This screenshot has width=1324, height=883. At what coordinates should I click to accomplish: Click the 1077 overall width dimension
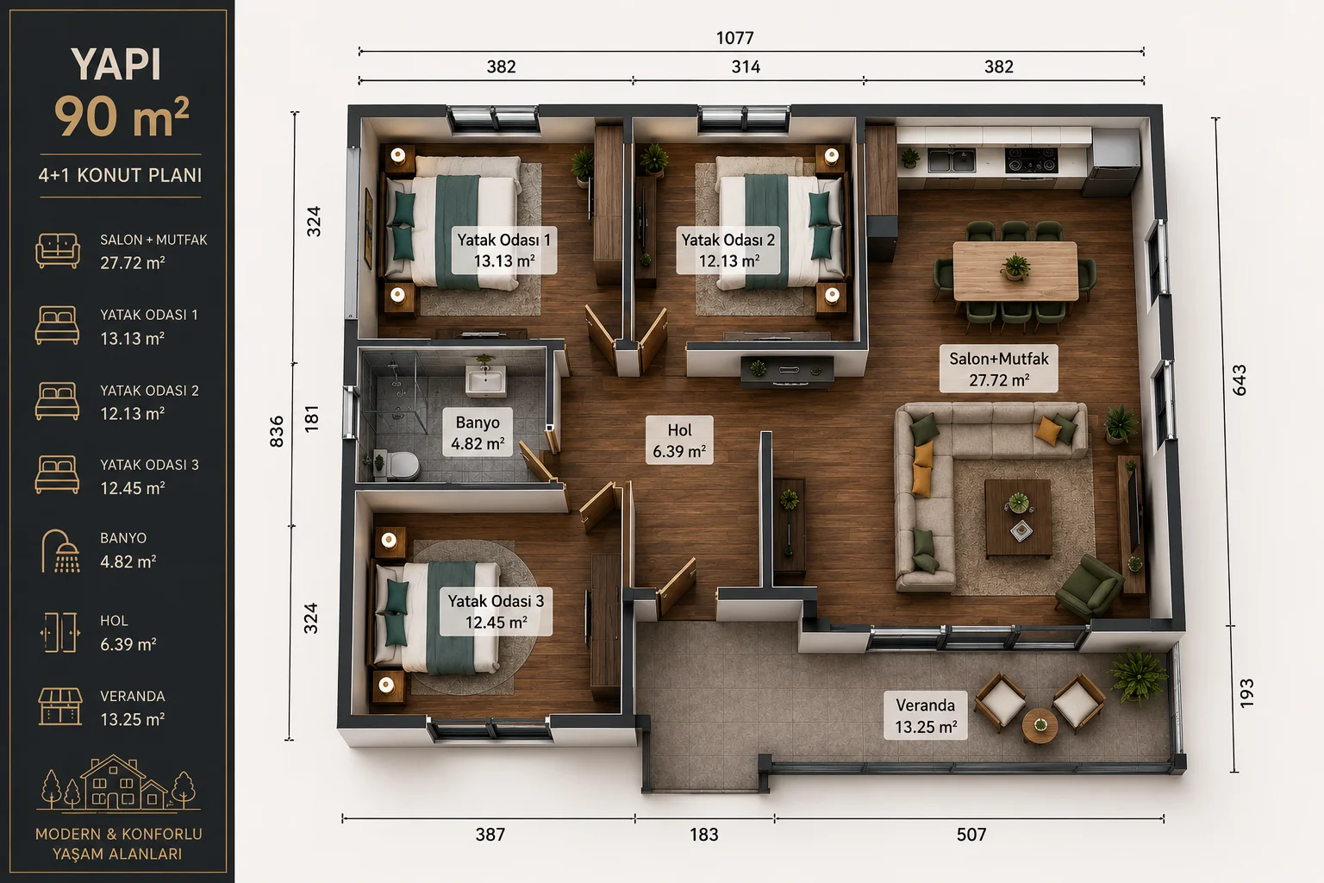734,38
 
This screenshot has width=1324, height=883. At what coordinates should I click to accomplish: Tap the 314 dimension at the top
746,67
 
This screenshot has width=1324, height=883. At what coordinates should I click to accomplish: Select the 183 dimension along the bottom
704,835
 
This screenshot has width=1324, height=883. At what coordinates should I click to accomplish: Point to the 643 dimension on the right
1240,379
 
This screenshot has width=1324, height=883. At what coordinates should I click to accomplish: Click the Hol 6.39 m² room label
679,440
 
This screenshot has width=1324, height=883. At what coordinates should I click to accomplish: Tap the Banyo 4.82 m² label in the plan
478,432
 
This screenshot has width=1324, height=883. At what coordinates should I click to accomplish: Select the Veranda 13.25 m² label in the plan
925,716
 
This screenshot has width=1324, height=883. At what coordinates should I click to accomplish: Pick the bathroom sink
486,379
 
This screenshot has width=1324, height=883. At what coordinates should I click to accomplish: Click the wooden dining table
1015,271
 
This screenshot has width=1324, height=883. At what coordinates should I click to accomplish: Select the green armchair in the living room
1089,586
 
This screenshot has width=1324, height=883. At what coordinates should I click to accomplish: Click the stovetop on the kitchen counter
1032,160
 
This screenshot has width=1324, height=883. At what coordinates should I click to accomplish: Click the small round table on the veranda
1040,726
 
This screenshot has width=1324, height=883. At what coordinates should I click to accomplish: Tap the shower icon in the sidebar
59,551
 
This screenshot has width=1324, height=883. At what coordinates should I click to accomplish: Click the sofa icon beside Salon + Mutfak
58,251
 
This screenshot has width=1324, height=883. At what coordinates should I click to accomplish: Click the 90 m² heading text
122,116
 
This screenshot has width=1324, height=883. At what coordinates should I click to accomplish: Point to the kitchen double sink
951,160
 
